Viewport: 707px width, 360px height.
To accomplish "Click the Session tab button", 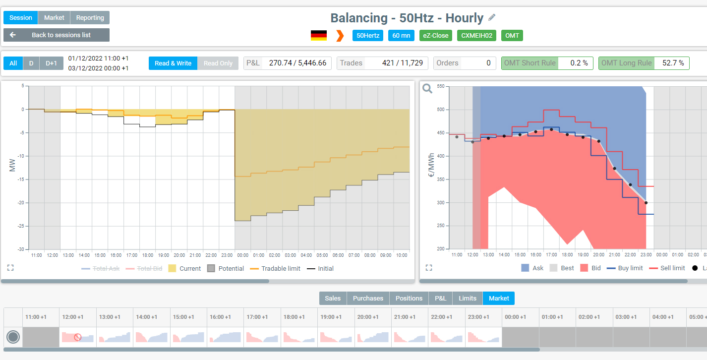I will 20,18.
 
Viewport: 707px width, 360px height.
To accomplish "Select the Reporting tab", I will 90,18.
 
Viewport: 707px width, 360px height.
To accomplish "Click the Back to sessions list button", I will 57,35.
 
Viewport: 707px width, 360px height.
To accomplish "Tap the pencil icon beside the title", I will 492,17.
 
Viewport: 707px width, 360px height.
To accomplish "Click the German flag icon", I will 319,35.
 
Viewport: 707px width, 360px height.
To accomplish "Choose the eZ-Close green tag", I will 436,35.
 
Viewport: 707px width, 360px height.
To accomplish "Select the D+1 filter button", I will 52,63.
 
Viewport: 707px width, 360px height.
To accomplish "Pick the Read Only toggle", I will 218,63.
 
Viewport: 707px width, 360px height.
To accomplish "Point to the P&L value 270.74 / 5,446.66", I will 297,63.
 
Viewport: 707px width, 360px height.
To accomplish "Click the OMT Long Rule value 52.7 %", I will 673,63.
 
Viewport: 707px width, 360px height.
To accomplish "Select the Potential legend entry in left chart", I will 226,269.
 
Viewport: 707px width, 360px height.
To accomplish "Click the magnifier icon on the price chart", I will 427,88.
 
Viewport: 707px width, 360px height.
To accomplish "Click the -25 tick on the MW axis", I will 21,226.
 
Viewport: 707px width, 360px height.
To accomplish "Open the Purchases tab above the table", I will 368,298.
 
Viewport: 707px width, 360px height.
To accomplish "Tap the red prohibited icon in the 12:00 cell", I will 77,337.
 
